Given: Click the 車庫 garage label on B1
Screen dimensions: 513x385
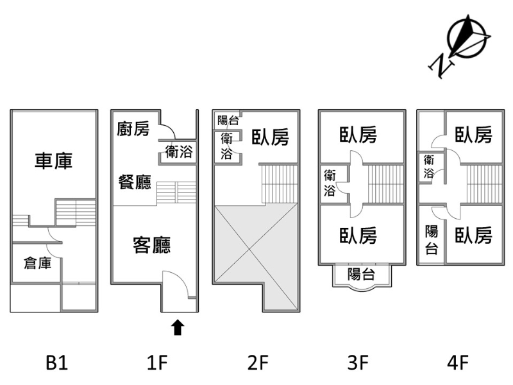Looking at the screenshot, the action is tap(53, 161).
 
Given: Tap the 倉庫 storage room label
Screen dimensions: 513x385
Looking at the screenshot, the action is tap(38, 263).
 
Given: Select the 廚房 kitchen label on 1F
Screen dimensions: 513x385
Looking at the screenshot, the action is tap(133, 128).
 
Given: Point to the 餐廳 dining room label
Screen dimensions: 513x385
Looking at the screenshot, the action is tap(135, 182).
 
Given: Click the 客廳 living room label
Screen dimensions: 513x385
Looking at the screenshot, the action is tap(151, 245).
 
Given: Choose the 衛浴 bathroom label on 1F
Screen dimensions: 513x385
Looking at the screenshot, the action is tap(179, 152).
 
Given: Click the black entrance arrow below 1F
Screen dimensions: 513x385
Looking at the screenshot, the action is tap(178, 327).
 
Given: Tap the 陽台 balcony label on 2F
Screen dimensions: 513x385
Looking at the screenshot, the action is tap(228, 120).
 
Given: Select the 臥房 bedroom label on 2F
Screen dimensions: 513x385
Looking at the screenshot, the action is tap(270, 137).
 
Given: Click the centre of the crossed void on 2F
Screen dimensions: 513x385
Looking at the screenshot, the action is tap(249, 250).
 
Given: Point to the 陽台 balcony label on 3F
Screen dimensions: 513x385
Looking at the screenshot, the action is tap(361, 274).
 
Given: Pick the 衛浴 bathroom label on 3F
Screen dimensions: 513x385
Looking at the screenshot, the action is tap(330, 182).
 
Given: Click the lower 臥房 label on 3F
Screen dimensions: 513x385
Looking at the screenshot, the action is tap(358, 235).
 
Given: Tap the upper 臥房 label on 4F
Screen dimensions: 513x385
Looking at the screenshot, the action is tap(473, 135).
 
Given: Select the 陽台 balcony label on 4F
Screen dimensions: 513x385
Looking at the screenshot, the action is tap(432, 239).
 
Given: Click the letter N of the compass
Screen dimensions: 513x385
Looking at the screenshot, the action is tap(441, 65).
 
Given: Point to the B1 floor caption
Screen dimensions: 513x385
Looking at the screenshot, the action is tap(57, 363).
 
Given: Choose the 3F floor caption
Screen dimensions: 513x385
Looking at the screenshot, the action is tap(358, 363).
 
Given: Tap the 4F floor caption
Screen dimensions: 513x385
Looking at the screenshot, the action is tap(458, 363).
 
